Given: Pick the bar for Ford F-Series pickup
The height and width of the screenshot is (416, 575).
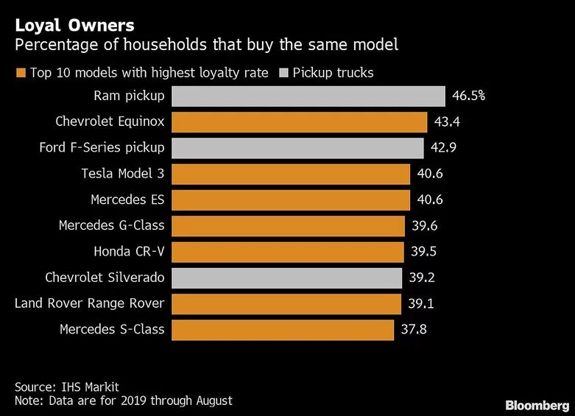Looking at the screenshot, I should pos(297,148).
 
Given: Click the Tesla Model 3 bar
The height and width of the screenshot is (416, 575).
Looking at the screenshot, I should pos(290,174).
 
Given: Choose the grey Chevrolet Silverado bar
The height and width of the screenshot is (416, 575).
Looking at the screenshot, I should pos(286,278).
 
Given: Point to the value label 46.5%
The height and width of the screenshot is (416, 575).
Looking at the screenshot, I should pos(469,96).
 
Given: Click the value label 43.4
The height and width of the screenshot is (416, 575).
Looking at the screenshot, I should pos(448,122).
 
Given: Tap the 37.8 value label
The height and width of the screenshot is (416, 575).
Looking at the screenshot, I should pos(415,329).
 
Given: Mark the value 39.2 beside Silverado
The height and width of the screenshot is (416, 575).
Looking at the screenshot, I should pos(423,278).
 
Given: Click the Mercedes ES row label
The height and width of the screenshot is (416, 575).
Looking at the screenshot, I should pos(127,200).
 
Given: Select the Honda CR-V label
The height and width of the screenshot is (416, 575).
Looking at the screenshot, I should pos(129,251).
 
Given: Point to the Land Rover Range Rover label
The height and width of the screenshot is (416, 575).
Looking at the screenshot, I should pos(89,303).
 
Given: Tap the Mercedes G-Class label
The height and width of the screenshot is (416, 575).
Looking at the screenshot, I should pos(111,225).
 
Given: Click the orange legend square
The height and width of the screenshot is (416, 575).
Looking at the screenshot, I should pos(20,73).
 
